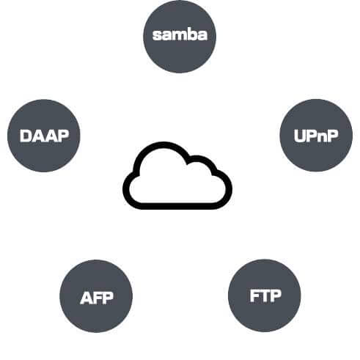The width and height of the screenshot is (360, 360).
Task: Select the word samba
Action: [180, 35]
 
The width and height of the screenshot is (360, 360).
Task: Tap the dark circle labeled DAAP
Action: [44, 136]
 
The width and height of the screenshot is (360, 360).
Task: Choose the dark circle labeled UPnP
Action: [316, 135]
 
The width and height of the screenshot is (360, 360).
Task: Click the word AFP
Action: [97, 298]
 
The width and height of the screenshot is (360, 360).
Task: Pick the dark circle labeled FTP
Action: [265, 295]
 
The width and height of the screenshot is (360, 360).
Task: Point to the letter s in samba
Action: [157, 36]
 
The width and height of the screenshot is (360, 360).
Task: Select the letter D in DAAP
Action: [26, 136]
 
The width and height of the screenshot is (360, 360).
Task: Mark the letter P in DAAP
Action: [62, 136]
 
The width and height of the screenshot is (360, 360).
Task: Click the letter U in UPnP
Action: [299, 136]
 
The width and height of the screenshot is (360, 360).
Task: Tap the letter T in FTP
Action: [265, 295]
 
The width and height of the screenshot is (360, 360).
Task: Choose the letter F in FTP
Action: [254, 295]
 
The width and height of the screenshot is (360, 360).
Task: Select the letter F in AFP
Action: [98, 298]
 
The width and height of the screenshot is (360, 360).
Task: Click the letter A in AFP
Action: [86, 298]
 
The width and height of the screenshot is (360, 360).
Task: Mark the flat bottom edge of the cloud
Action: [177, 206]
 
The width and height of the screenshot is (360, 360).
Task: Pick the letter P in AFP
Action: [109, 298]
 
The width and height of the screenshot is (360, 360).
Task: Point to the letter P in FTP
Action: [276, 295]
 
